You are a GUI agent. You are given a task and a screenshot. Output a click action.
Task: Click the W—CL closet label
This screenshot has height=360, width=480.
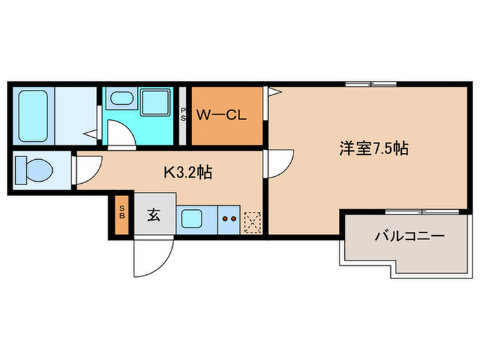[x=221, y=115]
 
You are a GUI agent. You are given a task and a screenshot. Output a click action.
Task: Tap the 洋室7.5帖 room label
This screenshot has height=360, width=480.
[x=374, y=148]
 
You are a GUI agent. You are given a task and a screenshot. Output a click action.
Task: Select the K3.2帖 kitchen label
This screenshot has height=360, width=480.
[x=187, y=172]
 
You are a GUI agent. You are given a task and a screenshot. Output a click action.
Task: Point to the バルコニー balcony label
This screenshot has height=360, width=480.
[x=409, y=236]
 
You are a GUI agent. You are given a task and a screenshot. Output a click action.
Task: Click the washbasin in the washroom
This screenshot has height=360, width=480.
[x=123, y=99]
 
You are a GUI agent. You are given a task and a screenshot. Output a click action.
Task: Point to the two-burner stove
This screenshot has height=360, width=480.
[x=229, y=220]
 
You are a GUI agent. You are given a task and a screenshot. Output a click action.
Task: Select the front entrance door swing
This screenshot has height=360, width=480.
[x=149, y=255]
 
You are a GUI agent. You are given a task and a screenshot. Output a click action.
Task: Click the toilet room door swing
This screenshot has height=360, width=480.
[x=86, y=170]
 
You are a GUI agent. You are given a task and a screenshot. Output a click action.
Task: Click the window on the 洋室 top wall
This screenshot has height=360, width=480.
[x=370, y=84]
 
